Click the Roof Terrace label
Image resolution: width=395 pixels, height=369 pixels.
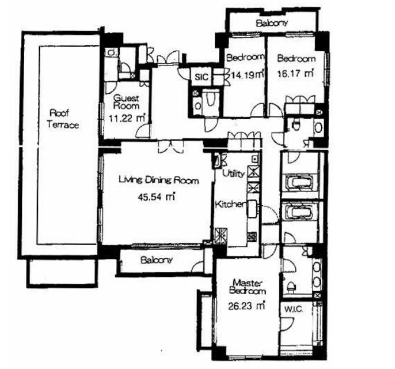click(63, 119)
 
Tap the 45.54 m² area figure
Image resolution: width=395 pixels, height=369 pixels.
click(156, 196)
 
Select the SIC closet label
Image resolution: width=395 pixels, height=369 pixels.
click(201, 77)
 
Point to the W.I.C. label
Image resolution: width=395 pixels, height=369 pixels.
click(293, 309)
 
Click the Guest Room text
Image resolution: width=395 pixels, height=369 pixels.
click(126, 101)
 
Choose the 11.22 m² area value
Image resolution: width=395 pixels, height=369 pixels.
click(128, 118)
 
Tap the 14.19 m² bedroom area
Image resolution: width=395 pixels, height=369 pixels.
click(247, 74)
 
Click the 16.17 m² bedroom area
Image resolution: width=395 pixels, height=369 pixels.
click(295, 74)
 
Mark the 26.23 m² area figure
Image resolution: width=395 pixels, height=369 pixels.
click(246, 306)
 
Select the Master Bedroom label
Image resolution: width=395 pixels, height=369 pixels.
click(247, 286)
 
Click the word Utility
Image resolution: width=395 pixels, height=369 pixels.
click(233, 173)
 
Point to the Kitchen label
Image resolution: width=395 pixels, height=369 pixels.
click(230, 204)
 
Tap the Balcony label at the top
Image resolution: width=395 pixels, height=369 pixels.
click(272, 23)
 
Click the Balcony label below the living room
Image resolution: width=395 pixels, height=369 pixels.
click(156, 260)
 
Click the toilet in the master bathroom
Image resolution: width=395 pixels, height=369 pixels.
click(291, 286)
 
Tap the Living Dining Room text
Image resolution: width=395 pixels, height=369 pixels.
click(158, 180)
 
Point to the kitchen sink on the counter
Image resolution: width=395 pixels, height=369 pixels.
click(252, 209)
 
